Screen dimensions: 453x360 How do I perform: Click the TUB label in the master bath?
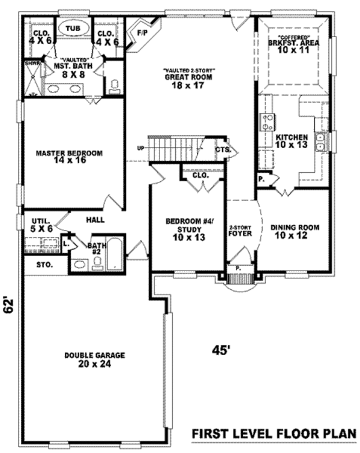73,28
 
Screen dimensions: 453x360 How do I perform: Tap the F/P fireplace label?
142,32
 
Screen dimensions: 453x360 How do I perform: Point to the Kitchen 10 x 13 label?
292,145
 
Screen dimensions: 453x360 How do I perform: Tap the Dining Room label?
294,228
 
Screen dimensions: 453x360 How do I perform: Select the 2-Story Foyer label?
239,230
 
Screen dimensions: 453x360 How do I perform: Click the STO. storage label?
44,264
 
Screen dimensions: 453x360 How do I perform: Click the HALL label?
95,220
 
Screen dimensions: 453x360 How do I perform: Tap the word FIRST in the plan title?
208,434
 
